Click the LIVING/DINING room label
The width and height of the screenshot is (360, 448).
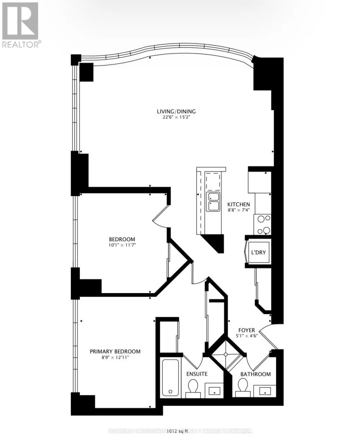pos(176,111)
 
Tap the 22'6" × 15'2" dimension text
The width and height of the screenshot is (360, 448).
pos(176,117)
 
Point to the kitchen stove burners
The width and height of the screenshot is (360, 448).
pos(263,224)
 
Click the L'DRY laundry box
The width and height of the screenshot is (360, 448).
pos(258,252)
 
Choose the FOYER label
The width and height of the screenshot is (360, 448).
pos(247,330)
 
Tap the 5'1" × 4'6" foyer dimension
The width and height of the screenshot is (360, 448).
pos(247,336)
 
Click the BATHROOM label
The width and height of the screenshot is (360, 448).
pos(255,374)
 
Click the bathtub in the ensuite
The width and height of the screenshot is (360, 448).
pos(171,377)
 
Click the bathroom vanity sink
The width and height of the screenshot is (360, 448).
pos(265,391)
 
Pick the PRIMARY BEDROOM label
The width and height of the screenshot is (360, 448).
pos(115,351)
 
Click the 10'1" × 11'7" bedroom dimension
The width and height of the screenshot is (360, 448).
pos(122,245)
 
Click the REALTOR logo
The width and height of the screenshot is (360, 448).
pos(21,25)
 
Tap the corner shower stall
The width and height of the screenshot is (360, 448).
pos(226,354)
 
